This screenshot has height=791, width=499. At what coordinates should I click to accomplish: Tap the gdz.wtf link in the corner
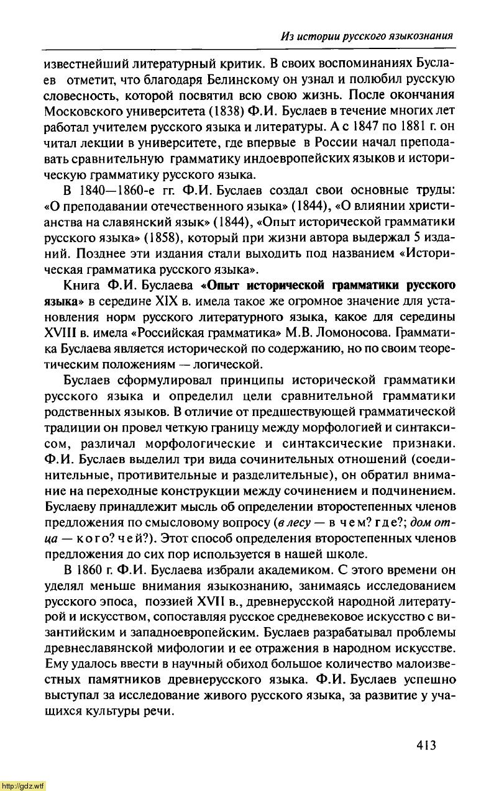pyautogui.click(x=23, y=785)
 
